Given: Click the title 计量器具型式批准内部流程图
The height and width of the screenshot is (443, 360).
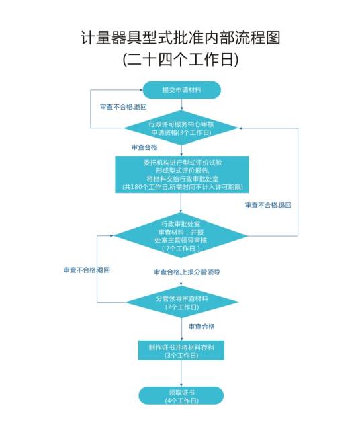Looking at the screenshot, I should click(x=180, y=38).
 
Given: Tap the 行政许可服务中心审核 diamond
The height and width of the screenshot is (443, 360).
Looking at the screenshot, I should click(x=181, y=128).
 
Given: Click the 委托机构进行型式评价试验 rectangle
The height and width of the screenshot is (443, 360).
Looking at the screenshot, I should click(x=181, y=174).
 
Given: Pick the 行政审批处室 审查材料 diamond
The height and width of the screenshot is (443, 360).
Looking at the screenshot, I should click(x=181, y=235).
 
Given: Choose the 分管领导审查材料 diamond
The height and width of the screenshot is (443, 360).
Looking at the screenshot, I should click(x=181, y=302).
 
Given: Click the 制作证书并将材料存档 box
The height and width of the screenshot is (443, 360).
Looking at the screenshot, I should click(x=181, y=351).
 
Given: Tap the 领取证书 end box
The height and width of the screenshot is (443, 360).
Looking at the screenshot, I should click(x=181, y=396).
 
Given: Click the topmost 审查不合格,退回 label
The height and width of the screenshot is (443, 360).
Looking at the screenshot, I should click(x=123, y=107).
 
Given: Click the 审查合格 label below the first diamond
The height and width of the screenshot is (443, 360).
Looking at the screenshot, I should click(x=144, y=147).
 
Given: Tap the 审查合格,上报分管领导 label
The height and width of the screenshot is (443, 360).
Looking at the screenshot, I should click(x=187, y=272).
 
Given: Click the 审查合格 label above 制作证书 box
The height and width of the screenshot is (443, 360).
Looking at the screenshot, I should click(x=201, y=327).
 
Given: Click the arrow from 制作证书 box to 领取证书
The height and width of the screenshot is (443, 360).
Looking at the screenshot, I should click(x=181, y=373).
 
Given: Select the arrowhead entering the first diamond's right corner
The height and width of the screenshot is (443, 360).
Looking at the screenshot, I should click(x=242, y=128).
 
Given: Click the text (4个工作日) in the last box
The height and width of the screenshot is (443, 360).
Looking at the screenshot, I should click(x=181, y=401).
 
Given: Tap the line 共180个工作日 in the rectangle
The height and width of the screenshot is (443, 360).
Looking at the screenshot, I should click(x=181, y=186).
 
